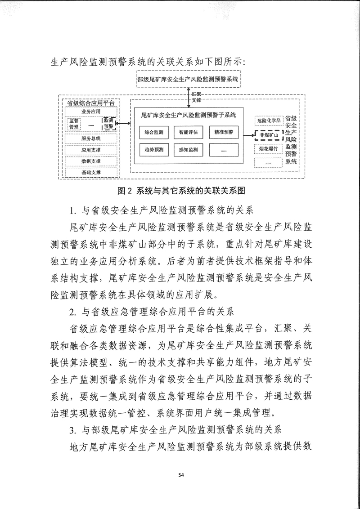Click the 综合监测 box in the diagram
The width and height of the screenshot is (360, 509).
[x=153, y=133]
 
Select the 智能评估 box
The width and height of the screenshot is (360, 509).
[x=188, y=133]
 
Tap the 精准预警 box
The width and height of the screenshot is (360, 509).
[x=224, y=133]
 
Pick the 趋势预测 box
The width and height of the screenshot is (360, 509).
[x=153, y=149]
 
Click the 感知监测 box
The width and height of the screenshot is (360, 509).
[x=188, y=149]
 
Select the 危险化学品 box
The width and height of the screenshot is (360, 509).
[x=269, y=121]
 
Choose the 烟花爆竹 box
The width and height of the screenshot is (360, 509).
[x=269, y=148]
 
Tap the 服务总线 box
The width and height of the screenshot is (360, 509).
[x=91, y=138]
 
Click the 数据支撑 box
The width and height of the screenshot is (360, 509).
[x=91, y=161]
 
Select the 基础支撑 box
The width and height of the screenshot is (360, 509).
[x=91, y=172]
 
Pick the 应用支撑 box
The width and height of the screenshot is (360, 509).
[x=91, y=150]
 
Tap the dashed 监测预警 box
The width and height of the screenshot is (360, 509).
[x=108, y=124]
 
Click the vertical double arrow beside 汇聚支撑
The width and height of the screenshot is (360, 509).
[x=189, y=95]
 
